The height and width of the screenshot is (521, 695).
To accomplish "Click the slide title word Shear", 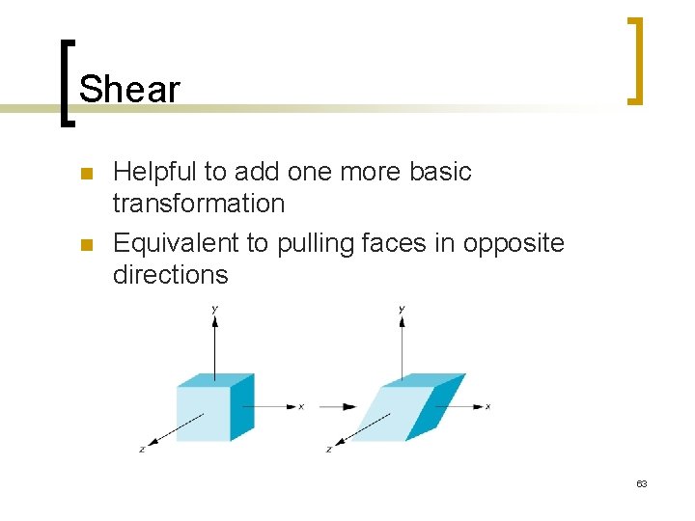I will pyautogui.click(x=129, y=90).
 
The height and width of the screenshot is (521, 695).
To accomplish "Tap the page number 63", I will pyautogui.click(x=641, y=483).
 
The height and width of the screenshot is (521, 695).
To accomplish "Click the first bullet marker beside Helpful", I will pyautogui.click(x=85, y=175).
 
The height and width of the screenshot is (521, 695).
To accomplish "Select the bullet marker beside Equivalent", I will pyautogui.click(x=85, y=245).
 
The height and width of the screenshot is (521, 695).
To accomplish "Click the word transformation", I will pyautogui.click(x=199, y=204).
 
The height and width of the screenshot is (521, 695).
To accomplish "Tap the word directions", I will pyautogui.click(x=171, y=275).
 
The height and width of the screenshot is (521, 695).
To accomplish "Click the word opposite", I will pyautogui.click(x=514, y=243).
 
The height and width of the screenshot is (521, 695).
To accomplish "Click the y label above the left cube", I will pyautogui.click(x=214, y=308).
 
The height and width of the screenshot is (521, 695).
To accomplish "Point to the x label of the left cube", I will pyautogui.click(x=302, y=406).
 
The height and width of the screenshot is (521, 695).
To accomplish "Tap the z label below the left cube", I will pyautogui.click(x=141, y=450).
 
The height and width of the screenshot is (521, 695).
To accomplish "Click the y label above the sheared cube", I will pyautogui.click(x=402, y=308).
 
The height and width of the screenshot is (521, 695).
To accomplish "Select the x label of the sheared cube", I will pyautogui.click(x=488, y=406).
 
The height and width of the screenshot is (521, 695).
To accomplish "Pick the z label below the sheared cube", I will pyautogui.click(x=329, y=450).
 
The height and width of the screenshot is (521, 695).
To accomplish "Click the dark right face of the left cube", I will pyautogui.click(x=241, y=407).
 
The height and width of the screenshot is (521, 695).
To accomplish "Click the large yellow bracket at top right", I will pyautogui.click(x=634, y=60).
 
